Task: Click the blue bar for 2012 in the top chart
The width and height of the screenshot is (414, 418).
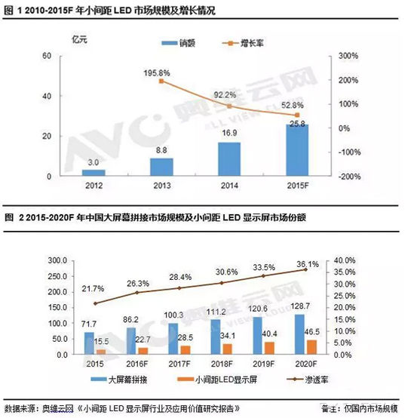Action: (x=93, y=172)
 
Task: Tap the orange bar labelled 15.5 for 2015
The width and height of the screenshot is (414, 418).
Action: (x=100, y=351)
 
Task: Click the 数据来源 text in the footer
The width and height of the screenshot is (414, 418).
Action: (x=21, y=408)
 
